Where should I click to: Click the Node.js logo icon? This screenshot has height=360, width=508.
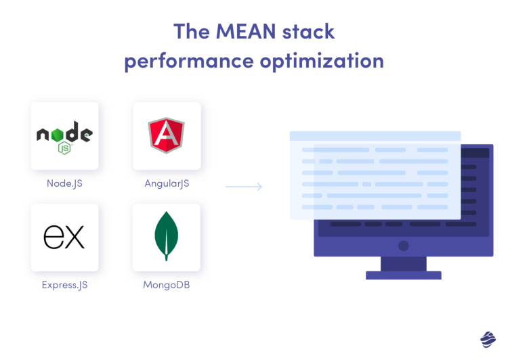[x=64, y=135]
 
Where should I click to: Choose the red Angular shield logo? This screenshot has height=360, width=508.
[x=167, y=135]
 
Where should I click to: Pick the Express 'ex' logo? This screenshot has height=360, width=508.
[x=64, y=236]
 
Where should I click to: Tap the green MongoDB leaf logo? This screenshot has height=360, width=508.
[x=167, y=234]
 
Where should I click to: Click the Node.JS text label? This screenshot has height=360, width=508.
[x=65, y=183]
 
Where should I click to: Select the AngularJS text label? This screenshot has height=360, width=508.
[x=167, y=183]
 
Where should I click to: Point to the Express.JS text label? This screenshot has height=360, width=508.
[x=65, y=285]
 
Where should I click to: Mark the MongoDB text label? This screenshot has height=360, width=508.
[x=167, y=285]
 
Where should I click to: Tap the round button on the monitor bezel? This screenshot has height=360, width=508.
[x=404, y=246]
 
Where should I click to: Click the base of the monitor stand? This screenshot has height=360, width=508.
[x=404, y=275]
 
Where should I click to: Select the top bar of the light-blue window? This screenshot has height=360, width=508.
[x=375, y=136]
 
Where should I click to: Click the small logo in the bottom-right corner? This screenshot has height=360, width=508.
[x=488, y=339]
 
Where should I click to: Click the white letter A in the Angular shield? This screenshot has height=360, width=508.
[x=167, y=135]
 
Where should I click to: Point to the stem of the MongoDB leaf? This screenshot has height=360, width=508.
[x=167, y=256]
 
